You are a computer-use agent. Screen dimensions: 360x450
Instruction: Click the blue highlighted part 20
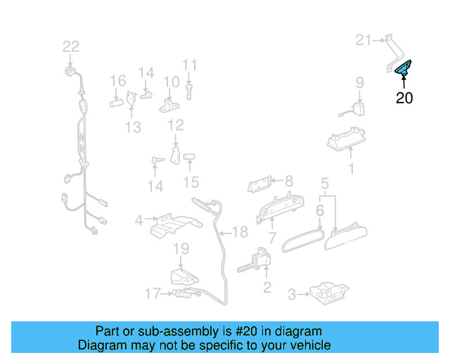404,67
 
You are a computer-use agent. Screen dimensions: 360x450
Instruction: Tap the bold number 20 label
404,98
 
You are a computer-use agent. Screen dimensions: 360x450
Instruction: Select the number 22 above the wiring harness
71,47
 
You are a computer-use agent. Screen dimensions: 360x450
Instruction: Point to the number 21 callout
363,40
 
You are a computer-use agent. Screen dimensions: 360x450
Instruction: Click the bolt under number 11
189,89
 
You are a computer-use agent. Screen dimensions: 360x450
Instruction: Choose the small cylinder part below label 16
116,102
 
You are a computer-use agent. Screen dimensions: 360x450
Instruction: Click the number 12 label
175,125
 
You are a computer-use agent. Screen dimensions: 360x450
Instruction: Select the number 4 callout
139,220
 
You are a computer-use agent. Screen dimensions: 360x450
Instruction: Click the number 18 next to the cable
240,232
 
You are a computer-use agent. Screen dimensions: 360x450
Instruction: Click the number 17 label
153,294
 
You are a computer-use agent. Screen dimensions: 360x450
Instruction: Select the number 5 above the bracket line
325,184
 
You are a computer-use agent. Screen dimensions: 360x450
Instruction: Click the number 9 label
359,82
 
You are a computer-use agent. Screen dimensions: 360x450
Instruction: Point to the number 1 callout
352,169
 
